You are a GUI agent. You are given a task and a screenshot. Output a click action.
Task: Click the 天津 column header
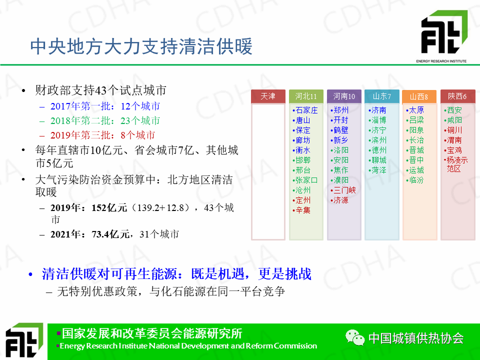(268, 96)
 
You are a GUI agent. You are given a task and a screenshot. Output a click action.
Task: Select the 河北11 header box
(306, 96)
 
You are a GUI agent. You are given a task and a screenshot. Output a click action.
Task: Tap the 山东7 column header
(381, 96)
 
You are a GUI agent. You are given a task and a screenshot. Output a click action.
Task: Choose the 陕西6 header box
(457, 96)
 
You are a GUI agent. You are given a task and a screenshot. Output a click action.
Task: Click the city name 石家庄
(306, 110)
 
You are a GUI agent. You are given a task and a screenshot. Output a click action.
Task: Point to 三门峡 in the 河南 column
(344, 190)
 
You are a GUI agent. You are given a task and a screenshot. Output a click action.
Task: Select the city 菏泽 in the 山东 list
(379, 170)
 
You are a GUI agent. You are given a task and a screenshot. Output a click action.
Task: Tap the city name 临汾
(416, 180)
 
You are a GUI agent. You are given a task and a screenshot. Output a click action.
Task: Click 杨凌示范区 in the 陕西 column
(457, 164)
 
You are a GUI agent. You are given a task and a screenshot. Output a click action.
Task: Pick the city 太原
(416, 110)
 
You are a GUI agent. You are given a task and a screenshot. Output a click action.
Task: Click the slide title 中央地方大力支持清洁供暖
(141, 46)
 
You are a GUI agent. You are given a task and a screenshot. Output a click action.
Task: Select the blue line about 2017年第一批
(105, 106)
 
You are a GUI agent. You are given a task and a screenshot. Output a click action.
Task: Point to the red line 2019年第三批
(102, 135)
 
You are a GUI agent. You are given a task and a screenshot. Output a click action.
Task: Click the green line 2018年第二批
(105, 120)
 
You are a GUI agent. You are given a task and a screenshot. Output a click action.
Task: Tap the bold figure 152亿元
(109, 208)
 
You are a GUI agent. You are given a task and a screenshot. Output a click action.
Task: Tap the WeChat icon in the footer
(355, 337)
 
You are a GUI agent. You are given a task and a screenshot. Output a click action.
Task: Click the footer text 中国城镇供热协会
(416, 338)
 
